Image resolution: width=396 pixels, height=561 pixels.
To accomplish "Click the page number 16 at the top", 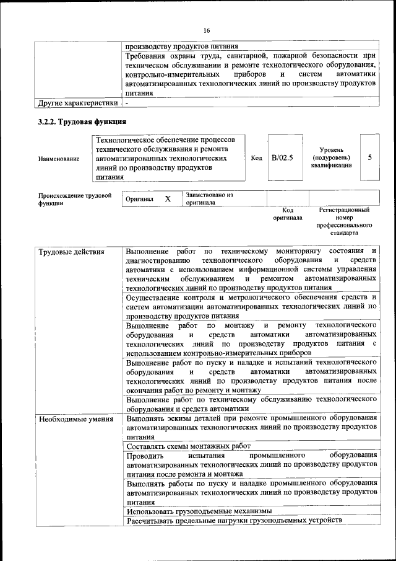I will [207, 30].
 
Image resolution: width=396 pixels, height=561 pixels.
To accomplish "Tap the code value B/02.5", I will [282, 158].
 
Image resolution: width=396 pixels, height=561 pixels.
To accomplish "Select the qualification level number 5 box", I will [369, 158].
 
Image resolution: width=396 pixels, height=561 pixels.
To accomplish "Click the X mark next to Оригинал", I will [167, 199].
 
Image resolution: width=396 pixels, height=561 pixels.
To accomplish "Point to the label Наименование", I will [59, 159].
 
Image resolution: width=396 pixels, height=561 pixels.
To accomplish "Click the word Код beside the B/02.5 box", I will [257, 158].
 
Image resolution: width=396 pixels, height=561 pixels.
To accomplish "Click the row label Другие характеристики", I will [78, 102].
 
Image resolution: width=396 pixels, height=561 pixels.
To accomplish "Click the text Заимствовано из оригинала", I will [209, 198].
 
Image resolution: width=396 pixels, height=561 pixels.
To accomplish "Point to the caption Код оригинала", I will [288, 214].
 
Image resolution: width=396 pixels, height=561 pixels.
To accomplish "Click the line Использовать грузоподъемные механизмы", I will [199, 511].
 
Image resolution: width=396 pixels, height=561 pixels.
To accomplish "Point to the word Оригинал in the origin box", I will [139, 200].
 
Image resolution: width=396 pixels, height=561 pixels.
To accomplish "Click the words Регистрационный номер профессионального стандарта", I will [344, 222].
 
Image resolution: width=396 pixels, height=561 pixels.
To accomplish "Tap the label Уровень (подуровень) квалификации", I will [332, 158].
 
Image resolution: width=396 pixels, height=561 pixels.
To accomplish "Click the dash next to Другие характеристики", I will [127, 102].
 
